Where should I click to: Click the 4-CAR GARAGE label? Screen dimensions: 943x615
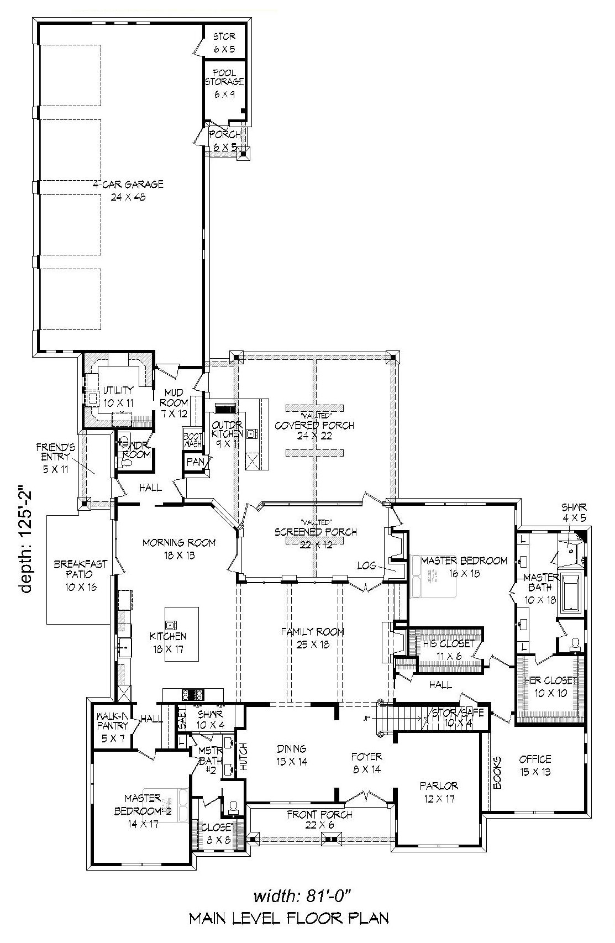pos(128,190)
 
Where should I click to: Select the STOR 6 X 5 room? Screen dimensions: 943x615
pos(224,43)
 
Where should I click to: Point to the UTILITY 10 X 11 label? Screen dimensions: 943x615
pos(118,396)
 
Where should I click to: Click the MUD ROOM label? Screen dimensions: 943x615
pos(174,403)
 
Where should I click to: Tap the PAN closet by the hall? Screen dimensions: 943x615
pos(195,462)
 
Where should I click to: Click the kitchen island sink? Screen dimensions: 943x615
pos(171,625)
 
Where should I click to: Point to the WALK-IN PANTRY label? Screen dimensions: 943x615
pos(112,725)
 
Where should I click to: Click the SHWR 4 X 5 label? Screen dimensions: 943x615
pos(574,512)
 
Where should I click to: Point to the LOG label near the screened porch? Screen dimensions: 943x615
pos(367,565)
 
